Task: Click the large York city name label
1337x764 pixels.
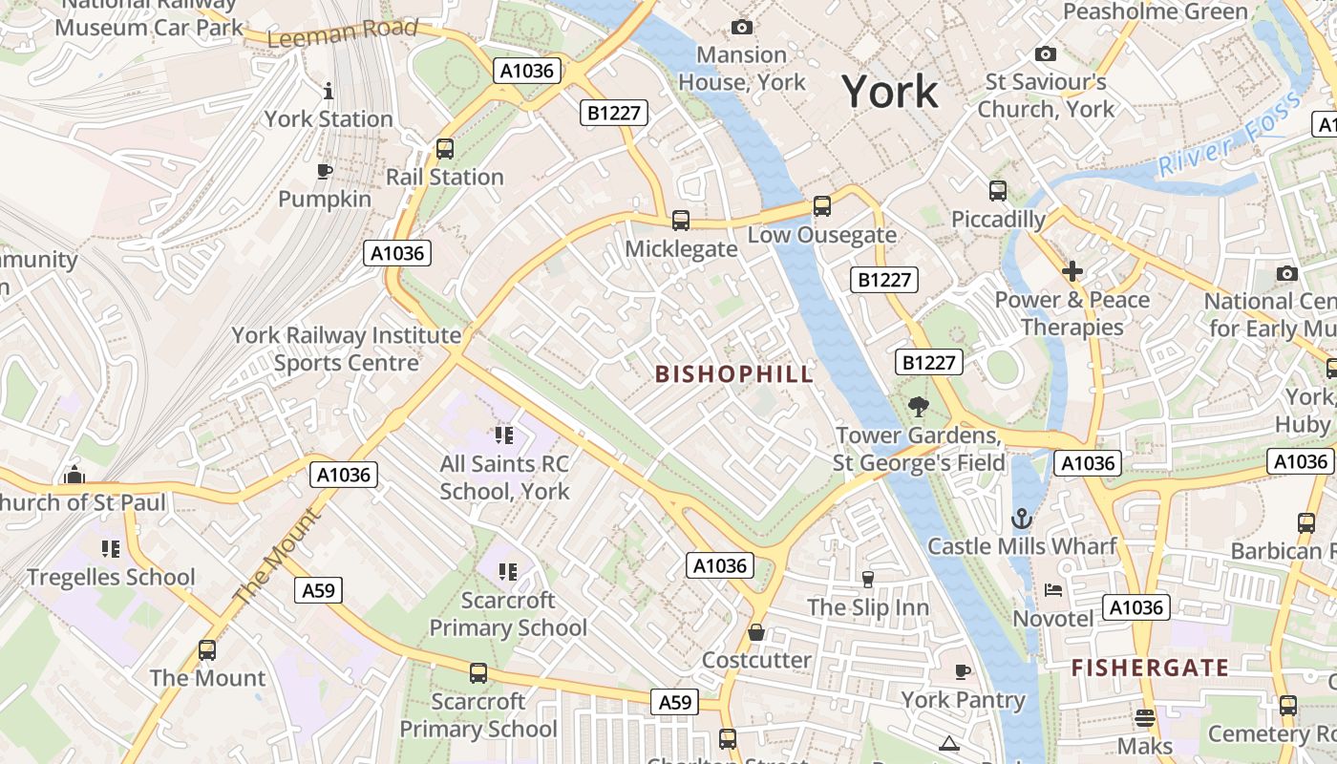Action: click(x=890, y=92)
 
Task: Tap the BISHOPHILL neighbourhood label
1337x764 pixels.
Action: click(x=734, y=374)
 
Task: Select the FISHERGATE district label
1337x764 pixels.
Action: click(x=1150, y=668)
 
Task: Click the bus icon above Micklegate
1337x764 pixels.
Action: click(x=681, y=221)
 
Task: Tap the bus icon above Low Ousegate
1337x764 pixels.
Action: click(x=821, y=206)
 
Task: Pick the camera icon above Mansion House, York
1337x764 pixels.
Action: click(x=741, y=28)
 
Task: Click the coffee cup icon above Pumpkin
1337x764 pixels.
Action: click(x=325, y=171)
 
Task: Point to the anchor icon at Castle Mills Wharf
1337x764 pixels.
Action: click(x=1022, y=519)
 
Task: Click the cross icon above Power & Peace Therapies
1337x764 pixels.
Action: click(x=1072, y=271)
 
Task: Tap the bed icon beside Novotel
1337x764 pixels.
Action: click(x=1053, y=590)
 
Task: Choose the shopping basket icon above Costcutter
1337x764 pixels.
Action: click(x=756, y=632)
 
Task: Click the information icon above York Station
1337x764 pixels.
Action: click(x=329, y=91)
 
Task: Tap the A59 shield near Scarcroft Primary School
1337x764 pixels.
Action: click(x=318, y=590)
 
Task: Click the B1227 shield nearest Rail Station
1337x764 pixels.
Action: click(x=614, y=113)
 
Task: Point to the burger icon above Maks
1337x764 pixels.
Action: click(x=1145, y=718)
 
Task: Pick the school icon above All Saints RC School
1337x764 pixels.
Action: click(x=504, y=436)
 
